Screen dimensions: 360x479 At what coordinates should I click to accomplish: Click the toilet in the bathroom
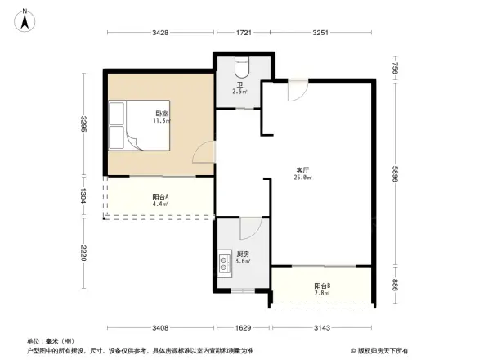(242, 65)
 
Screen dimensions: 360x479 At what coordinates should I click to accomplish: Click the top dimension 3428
(159, 33)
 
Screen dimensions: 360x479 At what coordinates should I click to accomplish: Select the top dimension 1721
(244, 33)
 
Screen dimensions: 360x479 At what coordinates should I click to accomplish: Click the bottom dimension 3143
(323, 328)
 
